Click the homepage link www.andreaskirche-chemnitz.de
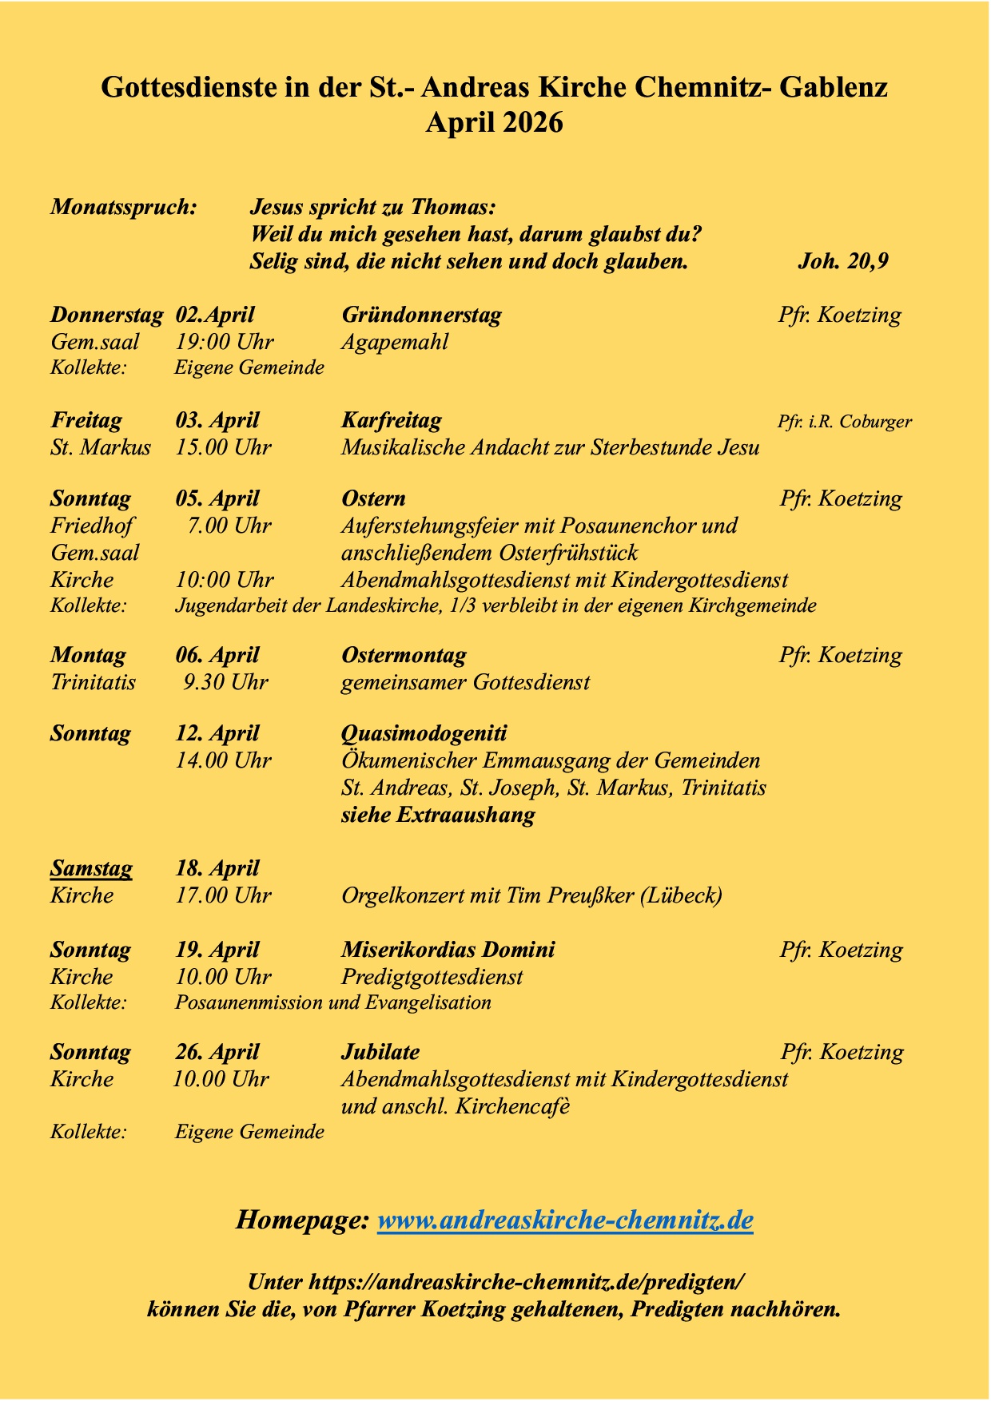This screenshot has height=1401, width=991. pyautogui.click(x=564, y=1220)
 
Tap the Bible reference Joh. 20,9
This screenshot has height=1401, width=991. pyautogui.click(x=842, y=261)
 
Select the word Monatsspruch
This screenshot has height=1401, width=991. pyautogui.click(x=124, y=207)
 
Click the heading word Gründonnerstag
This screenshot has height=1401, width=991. pyautogui.click(x=421, y=315)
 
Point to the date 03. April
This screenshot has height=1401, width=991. pyautogui.click(x=217, y=420)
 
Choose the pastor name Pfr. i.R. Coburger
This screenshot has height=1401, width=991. pyautogui.click(x=844, y=421)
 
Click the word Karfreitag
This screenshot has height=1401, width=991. pyautogui.click(x=391, y=420)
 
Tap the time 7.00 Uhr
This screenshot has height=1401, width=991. pyautogui.click(x=229, y=526)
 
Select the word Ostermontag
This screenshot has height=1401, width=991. pyautogui.click(x=404, y=655)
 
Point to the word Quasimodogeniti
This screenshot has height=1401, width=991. pyautogui.click(x=424, y=733)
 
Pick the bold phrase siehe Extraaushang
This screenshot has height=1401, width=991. pyautogui.click(x=438, y=815)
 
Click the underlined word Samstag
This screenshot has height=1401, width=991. pyautogui.click(x=91, y=868)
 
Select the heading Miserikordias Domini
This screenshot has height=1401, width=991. pyautogui.click(x=448, y=950)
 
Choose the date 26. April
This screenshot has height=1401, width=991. pyautogui.click(x=217, y=1052)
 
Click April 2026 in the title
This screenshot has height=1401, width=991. pyautogui.click(x=495, y=123)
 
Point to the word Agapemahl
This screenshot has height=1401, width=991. pyautogui.click(x=394, y=342)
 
